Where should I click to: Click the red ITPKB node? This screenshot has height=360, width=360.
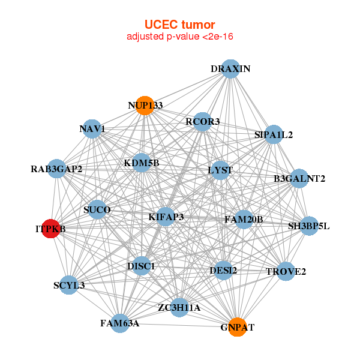pyautogui.click(x=50, y=229)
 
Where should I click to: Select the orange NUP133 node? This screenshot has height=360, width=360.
pyautogui.click(x=145, y=106)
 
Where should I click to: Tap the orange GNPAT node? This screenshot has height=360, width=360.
pyautogui.click(x=238, y=327)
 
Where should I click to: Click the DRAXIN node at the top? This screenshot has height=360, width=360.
pyautogui.click(x=230, y=68)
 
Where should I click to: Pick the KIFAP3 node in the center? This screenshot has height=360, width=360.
pyautogui.click(x=166, y=216)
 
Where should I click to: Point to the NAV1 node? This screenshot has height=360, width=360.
pyautogui.click(x=92, y=128)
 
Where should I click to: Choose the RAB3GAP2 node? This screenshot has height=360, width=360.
pyautogui.click(x=56, y=169)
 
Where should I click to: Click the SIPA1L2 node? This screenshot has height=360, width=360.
pyautogui.click(x=274, y=134)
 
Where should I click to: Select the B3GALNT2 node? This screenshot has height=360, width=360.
pyautogui.click(x=299, y=178)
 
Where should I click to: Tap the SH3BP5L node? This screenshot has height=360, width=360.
pyautogui.click(x=308, y=226)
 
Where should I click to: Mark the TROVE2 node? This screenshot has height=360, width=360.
pyautogui.click(x=286, y=272)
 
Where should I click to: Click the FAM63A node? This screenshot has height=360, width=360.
pyautogui.click(x=120, y=323)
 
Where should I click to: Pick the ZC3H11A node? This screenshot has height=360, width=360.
pyautogui.click(x=179, y=307)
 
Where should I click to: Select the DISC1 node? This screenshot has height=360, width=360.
pyautogui.click(x=141, y=265)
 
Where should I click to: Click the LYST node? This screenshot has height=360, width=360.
pyautogui.click(x=220, y=170)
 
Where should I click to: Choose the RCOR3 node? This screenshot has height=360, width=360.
pyautogui.click(x=202, y=122)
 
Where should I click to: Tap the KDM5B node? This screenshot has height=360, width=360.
pyautogui.click(x=142, y=163)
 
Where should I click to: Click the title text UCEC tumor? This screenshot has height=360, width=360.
pyautogui.click(x=179, y=25)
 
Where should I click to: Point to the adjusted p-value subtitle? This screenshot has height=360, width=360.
pyautogui.click(x=179, y=37)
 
